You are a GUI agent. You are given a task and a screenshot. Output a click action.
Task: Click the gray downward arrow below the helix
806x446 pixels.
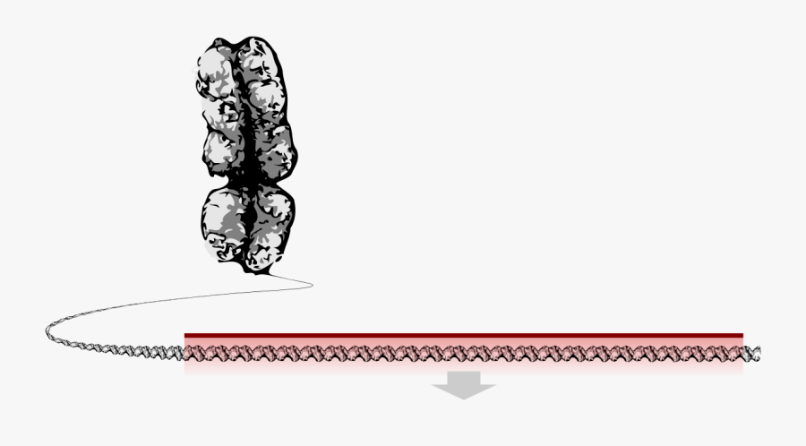click(x=464, y=385)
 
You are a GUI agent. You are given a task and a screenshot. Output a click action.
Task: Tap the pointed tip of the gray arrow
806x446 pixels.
click(x=464, y=398)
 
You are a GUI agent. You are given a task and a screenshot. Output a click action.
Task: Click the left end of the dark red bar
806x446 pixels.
click(x=186, y=336)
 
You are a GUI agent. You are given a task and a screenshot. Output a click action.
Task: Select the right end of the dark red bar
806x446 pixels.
click(x=742, y=336)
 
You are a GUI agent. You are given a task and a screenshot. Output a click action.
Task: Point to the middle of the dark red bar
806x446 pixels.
click(x=464, y=336)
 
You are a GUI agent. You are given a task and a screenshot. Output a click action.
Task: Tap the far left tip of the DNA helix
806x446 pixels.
click(x=48, y=333)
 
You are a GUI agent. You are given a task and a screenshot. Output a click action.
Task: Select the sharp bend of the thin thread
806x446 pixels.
click(x=311, y=285)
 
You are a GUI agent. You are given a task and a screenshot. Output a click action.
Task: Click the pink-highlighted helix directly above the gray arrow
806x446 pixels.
click(x=464, y=354)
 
